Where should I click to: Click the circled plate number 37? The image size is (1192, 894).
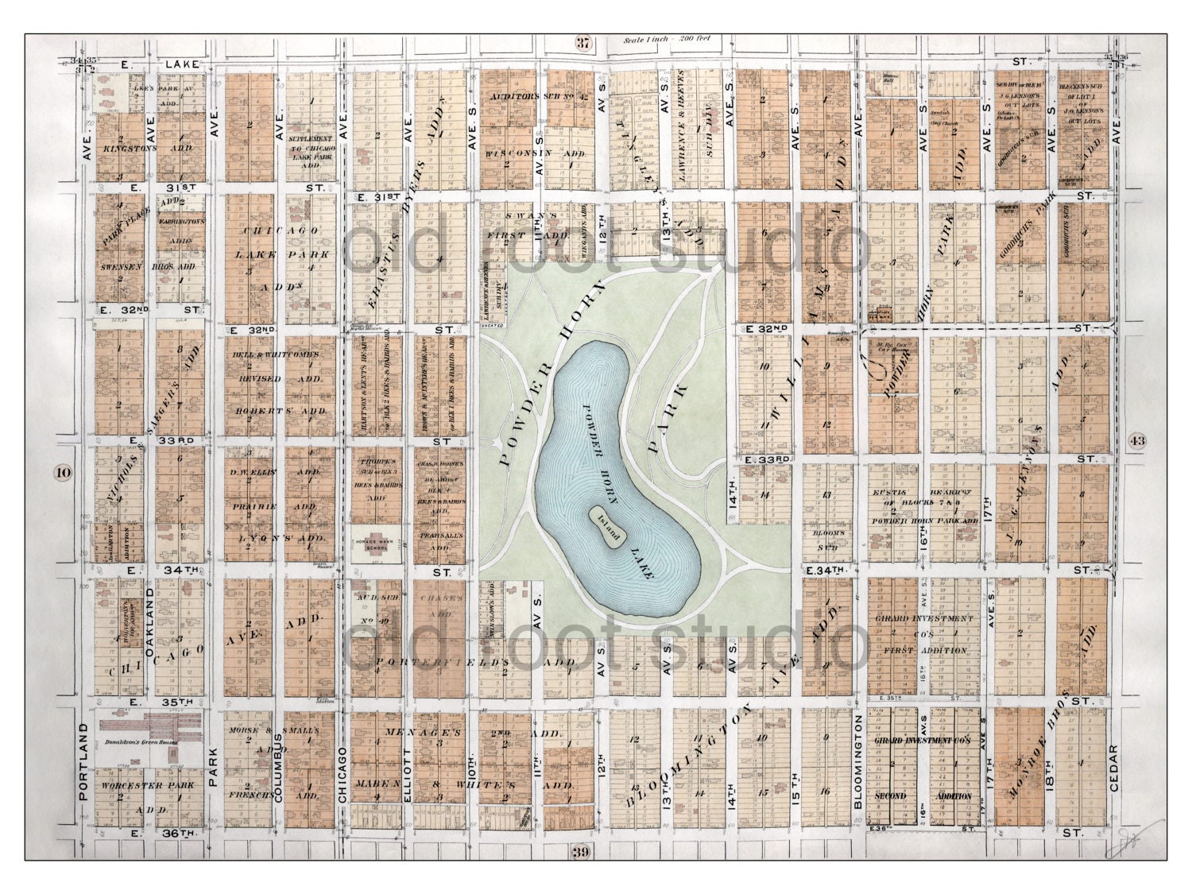click(x=584, y=45)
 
